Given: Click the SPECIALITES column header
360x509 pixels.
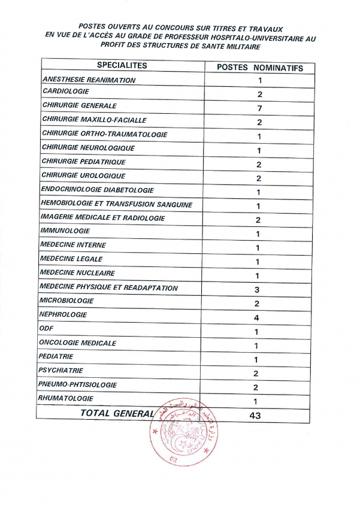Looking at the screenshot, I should [122, 66].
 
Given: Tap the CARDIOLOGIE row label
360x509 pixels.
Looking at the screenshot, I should [66, 92].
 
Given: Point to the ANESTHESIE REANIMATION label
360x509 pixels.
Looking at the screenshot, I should [89, 80].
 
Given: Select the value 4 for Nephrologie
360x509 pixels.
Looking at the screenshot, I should [256, 317].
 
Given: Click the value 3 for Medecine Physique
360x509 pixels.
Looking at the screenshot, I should [256, 290].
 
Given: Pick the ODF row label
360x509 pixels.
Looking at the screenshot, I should [46, 329].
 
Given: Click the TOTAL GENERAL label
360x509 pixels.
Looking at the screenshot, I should [117, 413].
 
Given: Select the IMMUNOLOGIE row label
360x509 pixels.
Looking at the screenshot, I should [65, 231].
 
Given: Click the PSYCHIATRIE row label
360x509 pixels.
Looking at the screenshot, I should [60, 371].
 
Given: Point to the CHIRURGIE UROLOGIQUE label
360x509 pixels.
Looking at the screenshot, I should [83, 175].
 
